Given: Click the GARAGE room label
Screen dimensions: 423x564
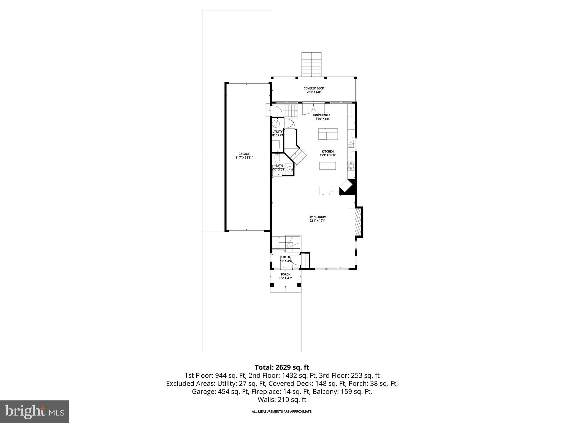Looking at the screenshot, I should point(244,154).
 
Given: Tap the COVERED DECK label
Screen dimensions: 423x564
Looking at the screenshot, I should point(314,88).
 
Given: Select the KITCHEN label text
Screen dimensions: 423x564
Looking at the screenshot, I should point(328,151).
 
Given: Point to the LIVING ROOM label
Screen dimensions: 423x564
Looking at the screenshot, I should point(317,217).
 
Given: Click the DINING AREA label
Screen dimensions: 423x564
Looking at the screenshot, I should point(322,115).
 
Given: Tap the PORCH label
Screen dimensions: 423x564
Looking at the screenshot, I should point(286,275).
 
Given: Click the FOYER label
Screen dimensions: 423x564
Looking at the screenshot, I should point(286,257).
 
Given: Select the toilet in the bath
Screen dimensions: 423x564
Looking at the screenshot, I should point(277,158).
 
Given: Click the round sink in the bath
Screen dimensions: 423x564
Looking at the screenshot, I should point(289,169).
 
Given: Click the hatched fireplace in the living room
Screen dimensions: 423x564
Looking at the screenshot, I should point(357,222).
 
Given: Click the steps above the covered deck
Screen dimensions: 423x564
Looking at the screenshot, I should point(311,64).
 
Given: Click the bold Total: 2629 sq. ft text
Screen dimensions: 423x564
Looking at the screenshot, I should point(282,367).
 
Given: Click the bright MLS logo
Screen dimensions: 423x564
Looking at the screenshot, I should point(34,411).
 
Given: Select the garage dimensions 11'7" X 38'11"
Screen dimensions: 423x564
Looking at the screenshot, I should point(244,158).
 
